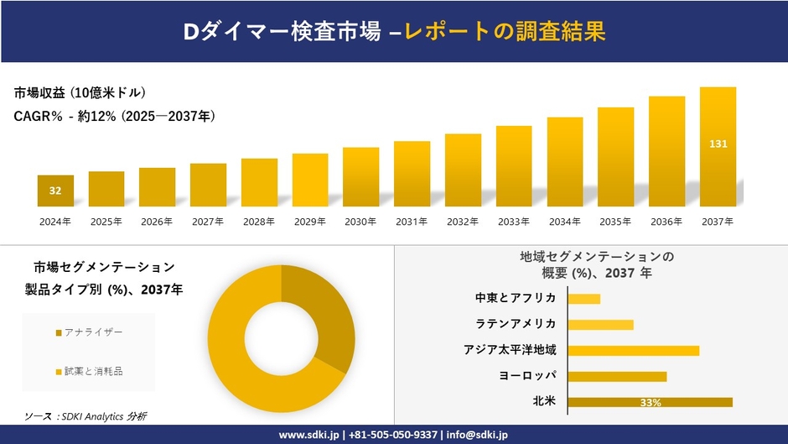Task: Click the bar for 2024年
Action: (x=55, y=191)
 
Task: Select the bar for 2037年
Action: (x=718, y=147)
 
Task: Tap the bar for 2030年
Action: (x=360, y=177)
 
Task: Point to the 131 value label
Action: (x=718, y=144)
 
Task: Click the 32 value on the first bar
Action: (x=55, y=191)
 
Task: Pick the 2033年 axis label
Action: (x=513, y=222)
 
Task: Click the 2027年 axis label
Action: (x=208, y=222)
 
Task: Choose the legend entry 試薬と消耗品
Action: (x=93, y=371)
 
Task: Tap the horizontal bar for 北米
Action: (x=650, y=402)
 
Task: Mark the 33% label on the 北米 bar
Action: (x=650, y=403)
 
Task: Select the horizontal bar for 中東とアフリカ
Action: (x=584, y=299)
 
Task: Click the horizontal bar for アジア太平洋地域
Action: (x=633, y=350)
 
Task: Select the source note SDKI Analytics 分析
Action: (x=85, y=416)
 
